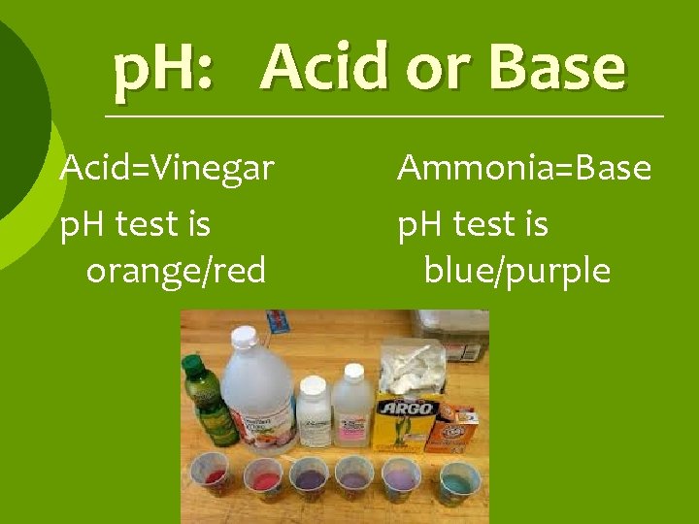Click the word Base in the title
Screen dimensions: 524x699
tap(557, 68)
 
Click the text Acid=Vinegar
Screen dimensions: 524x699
tap(166, 169)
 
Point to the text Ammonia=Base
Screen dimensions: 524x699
tap(524, 169)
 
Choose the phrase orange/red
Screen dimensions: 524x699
tap(176, 271)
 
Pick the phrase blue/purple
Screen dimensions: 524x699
tap(517, 271)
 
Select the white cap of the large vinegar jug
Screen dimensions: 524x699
tap(244, 338)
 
